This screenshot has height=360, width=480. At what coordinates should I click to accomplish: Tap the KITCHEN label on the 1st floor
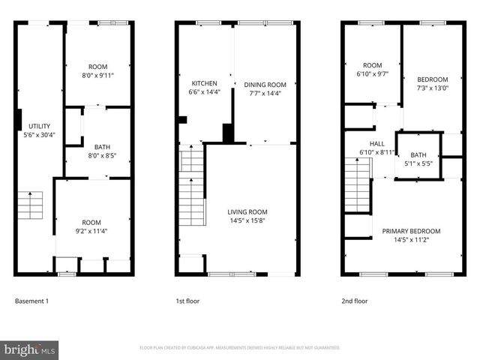(x=205, y=83)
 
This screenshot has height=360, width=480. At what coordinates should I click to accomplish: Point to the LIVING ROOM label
(x=247, y=212)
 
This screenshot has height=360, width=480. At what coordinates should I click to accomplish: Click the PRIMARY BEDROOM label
(x=411, y=231)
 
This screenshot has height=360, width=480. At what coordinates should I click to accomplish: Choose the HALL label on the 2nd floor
(x=376, y=143)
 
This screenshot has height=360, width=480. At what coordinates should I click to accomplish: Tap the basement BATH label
(x=102, y=147)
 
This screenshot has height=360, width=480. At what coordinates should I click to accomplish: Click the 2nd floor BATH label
(x=418, y=154)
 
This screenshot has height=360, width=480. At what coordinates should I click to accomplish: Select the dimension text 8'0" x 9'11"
(x=99, y=76)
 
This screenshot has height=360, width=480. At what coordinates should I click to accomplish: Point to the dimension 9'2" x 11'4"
(x=92, y=231)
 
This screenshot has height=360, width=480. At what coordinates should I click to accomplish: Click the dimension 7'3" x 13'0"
(x=433, y=88)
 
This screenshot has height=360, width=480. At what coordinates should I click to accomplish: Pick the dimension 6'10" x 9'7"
(x=373, y=74)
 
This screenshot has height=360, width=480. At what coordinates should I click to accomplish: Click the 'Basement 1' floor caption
(x=31, y=301)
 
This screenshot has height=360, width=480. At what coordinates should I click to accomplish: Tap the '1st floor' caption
(x=187, y=301)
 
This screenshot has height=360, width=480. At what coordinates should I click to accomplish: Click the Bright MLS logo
(x=30, y=349)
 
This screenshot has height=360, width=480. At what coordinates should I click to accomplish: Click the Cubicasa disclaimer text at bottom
(x=240, y=348)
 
